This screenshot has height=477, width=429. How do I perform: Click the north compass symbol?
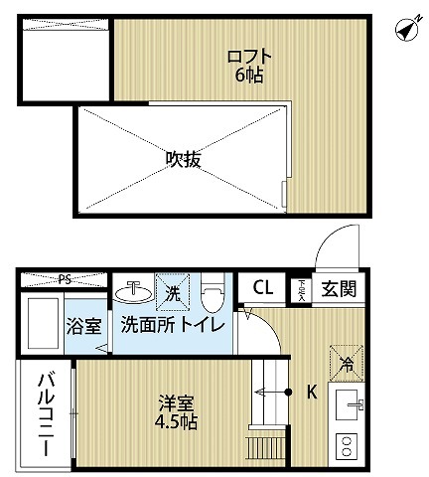(406, 29)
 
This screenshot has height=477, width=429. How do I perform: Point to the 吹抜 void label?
(183, 159)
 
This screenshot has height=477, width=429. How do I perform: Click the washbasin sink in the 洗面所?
(131, 291)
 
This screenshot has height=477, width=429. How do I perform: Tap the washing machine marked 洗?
(172, 292)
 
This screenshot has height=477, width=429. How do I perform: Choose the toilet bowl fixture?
(211, 295)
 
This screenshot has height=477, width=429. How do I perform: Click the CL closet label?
(262, 288)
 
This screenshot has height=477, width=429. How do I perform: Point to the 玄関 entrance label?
(338, 289)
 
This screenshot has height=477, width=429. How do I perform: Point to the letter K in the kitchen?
(311, 392)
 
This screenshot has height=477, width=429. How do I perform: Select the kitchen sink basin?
(349, 404)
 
